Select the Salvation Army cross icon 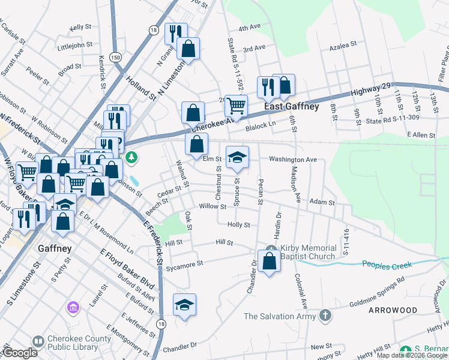pos(325,315)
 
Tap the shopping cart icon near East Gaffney pos(237,106)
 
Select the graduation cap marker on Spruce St pos(237,157)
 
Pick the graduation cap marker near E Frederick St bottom pos(185,305)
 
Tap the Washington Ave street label pos(292,160)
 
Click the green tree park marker pos(131,157)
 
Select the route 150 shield pos(115,57)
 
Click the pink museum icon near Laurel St pos(73,308)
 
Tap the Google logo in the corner pos(20,353)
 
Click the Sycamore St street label pos(184,263)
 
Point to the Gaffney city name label pos(53,248)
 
